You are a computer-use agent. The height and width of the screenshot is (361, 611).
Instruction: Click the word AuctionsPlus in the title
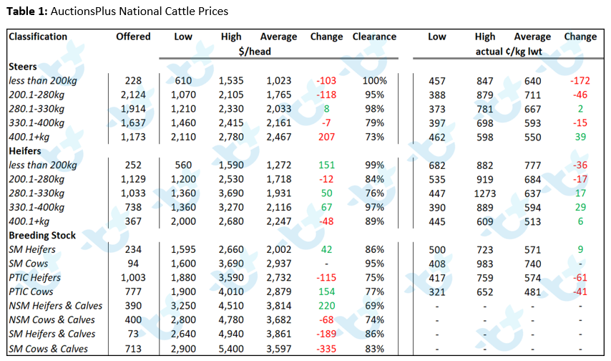pos(83,11)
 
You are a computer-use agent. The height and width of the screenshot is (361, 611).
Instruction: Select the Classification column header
pos(38,37)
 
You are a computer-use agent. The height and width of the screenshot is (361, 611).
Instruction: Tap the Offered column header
pos(133,37)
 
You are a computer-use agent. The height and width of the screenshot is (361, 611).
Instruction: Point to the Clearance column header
pos(374,37)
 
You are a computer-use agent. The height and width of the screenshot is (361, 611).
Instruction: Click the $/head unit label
pos(255,52)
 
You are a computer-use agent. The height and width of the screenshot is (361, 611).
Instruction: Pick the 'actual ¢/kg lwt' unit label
pos(509,52)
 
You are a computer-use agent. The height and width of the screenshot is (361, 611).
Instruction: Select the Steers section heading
pos(23,67)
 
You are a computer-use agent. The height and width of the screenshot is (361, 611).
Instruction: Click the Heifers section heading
pos(25,151)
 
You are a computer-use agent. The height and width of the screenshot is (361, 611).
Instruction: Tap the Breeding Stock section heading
pos(42,236)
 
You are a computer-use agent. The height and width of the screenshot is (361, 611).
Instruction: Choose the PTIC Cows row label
pos(31,292)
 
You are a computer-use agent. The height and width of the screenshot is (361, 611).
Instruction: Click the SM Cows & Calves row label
pos(49,349)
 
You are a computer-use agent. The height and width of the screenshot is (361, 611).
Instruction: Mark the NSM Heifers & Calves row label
pos(55,306)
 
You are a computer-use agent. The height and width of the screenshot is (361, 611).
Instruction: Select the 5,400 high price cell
pos(231,349)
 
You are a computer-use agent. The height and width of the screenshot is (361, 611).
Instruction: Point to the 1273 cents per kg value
pos(485,193)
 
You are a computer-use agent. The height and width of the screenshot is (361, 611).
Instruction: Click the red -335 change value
pos(326,349)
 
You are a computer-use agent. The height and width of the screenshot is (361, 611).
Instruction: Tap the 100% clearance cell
pos(374,81)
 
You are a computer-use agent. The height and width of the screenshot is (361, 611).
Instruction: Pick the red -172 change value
pos(580,81)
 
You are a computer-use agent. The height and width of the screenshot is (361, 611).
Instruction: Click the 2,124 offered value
pos(133,95)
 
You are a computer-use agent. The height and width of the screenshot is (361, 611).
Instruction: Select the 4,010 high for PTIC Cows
pos(231,292)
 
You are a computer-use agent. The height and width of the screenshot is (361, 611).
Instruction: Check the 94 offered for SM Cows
pos(133,264)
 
